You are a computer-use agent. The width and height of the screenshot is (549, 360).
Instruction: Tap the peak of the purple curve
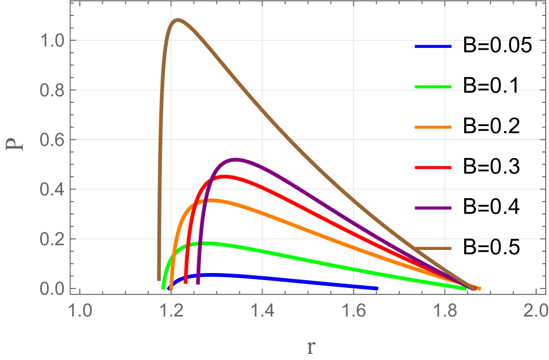coord(236,159)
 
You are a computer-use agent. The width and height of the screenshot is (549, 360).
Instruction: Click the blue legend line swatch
coord(433,47)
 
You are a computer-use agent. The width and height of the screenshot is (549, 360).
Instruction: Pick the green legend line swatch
coord(433,87)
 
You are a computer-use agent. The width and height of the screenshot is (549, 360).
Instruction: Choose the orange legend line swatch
coord(433,127)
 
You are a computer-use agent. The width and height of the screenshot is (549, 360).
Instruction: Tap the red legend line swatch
coord(433,167)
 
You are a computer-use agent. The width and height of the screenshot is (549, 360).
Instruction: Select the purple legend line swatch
coord(433,208)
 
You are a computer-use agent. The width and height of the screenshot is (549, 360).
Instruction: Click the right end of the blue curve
coord(377,288)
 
